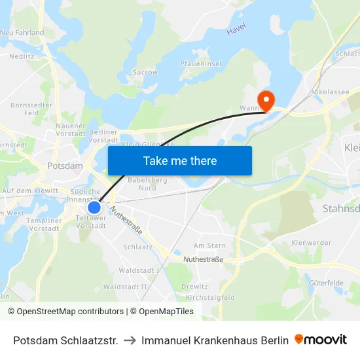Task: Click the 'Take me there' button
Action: tap(180, 160)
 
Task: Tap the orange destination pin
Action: tap(266, 100)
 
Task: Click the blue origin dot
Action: tap(94, 207)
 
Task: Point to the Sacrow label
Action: tap(145, 72)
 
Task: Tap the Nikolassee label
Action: tap(331, 92)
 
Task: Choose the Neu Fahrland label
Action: tap(22, 32)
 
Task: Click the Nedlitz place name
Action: tap(22, 56)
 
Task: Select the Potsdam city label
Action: tap(65, 166)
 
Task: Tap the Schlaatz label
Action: tap(138, 247)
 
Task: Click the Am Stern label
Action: tap(209, 245)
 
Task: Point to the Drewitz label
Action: tap(194, 286)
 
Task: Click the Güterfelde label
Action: tap(325, 282)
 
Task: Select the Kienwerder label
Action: tap(312, 243)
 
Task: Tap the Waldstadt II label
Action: tap(125, 287)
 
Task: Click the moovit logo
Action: tap(321, 340)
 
